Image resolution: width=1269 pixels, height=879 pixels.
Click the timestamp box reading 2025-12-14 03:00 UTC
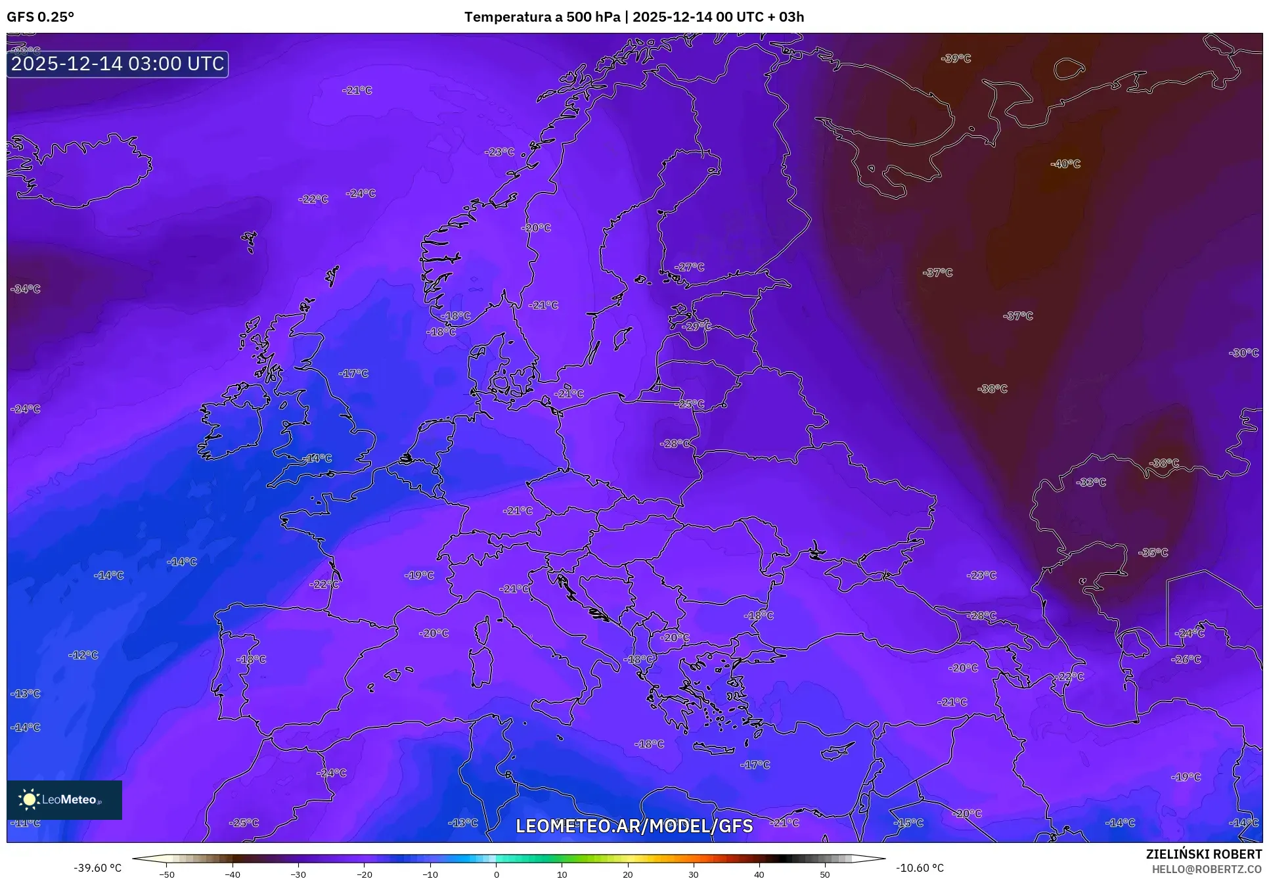pyautogui.click(x=118, y=64)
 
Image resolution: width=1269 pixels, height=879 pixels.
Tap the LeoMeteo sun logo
pyautogui.click(x=29, y=799)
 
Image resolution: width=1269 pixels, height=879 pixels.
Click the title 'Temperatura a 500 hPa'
pyautogui.click(x=542, y=16)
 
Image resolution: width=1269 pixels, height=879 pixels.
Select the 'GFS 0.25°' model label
pyautogui.click(x=40, y=17)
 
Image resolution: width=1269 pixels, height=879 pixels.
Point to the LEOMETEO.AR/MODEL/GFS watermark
pyautogui.click(x=634, y=826)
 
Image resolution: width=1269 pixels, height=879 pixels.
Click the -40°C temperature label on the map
pyautogui.click(x=1065, y=164)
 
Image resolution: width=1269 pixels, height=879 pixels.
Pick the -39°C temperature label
pyautogui.click(x=956, y=58)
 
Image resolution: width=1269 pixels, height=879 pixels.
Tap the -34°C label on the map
pyautogui.click(x=26, y=289)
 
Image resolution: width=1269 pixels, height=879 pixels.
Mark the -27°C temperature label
pyautogui.click(x=689, y=267)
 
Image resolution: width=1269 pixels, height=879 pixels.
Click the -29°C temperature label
pyautogui.click(x=696, y=326)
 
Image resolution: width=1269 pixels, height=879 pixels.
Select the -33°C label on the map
pyautogui.click(x=1091, y=482)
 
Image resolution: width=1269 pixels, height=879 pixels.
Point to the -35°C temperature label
pyautogui.click(x=1153, y=552)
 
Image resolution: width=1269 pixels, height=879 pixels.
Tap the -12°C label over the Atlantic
pyautogui.click(x=83, y=655)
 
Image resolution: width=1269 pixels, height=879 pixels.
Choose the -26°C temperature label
pyautogui.click(x=1186, y=659)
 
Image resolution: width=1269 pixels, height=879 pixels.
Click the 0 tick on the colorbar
pyautogui.click(x=496, y=874)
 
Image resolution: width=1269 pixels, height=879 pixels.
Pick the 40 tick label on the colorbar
pyautogui.click(x=759, y=874)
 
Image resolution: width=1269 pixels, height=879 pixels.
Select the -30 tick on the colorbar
pyautogui.click(x=298, y=874)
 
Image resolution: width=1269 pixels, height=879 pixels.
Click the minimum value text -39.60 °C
pyautogui.click(x=98, y=868)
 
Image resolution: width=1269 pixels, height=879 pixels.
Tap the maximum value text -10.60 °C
pyautogui.click(x=920, y=868)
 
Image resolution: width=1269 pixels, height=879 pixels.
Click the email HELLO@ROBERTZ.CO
pyautogui.click(x=1207, y=868)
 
